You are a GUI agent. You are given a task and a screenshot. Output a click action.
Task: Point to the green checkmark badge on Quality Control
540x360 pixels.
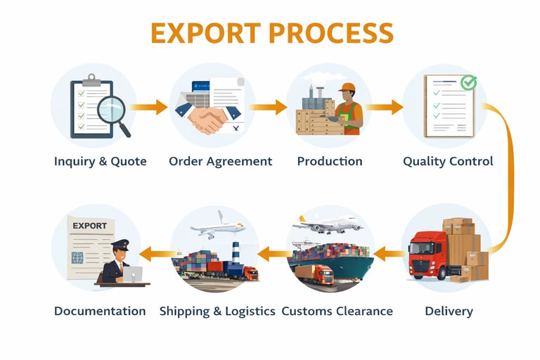pos(468,83)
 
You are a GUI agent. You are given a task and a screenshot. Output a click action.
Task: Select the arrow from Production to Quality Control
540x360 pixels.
pos(385,108)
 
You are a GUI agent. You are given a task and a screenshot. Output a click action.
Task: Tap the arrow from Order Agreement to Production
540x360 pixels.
pos(268,108)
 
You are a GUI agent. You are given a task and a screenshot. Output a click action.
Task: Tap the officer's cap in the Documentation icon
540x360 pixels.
pos(120,245)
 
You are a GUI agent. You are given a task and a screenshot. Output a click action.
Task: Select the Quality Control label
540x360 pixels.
pos(448,161)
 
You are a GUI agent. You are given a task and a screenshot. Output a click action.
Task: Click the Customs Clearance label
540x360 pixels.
pos(337,311)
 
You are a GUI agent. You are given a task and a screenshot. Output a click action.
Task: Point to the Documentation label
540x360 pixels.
pos(100,311)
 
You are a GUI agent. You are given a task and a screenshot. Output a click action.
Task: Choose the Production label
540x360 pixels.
pos(330,161)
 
